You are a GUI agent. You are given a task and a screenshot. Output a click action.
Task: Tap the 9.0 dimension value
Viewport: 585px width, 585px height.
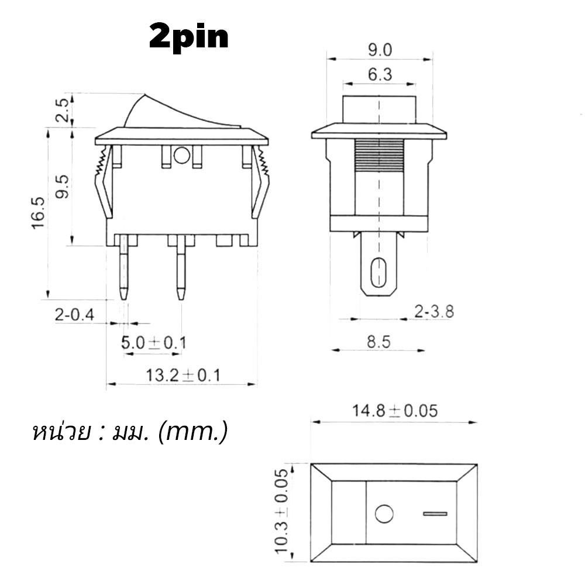[x=380, y=50]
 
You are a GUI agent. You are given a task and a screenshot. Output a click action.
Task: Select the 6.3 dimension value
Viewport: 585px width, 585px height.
[x=380, y=75]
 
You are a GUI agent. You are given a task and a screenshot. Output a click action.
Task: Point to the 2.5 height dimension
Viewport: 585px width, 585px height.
[x=63, y=111]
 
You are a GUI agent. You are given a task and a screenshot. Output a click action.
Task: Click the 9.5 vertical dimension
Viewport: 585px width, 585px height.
[x=63, y=187]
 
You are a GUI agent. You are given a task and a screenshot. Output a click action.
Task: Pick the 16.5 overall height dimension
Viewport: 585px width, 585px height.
[x=39, y=213]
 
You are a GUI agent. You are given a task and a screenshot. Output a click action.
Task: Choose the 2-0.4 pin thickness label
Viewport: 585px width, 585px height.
[x=75, y=315]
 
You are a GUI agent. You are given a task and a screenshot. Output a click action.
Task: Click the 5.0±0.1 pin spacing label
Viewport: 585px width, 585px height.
[x=153, y=342]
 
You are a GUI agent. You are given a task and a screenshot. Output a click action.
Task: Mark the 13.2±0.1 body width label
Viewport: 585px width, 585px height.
[x=183, y=375]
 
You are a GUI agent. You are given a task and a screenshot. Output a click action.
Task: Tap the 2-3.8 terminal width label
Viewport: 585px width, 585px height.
[x=434, y=312]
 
